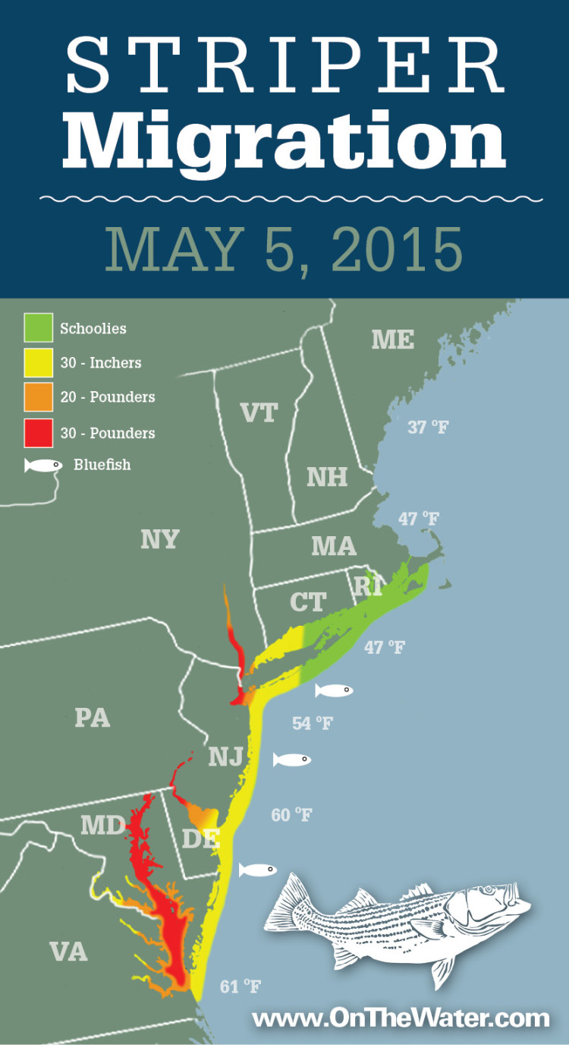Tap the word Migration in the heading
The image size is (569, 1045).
click(x=284, y=140)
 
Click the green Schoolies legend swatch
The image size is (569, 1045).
click(x=38, y=328)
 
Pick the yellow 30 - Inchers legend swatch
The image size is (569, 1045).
click(x=38, y=363)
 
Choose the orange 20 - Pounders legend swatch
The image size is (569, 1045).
click(x=38, y=397)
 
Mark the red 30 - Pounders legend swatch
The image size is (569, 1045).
click(x=38, y=433)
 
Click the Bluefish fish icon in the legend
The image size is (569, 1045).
click(x=42, y=466)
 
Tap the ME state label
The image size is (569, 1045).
click(x=392, y=340)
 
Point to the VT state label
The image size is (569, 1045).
click(x=259, y=412)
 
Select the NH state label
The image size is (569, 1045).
click(x=327, y=477)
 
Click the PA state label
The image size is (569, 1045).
click(x=93, y=718)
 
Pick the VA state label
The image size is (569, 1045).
click(x=68, y=951)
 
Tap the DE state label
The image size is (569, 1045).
click(x=201, y=838)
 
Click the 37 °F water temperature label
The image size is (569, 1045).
click(x=428, y=427)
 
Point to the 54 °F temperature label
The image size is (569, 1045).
click(x=313, y=722)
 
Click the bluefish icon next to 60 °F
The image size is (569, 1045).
click(x=292, y=759)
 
